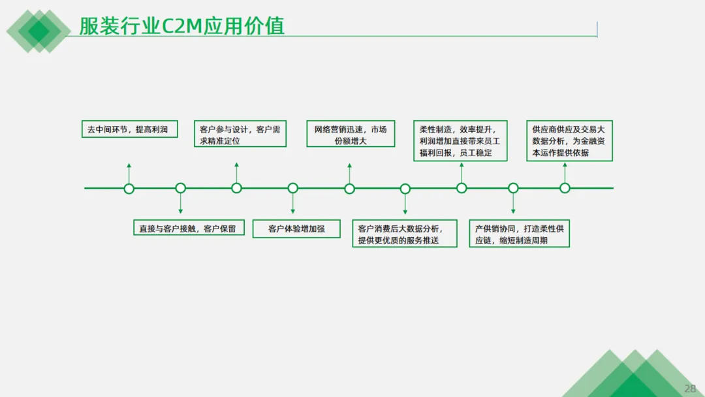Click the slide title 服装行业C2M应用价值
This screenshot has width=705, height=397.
(x=181, y=26)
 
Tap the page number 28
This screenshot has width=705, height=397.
(x=690, y=388)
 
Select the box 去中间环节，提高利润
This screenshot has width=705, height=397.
(x=128, y=129)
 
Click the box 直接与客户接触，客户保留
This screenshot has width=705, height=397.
(x=189, y=229)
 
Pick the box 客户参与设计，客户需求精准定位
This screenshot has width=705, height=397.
(x=240, y=135)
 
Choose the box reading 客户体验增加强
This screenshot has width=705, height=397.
(x=296, y=229)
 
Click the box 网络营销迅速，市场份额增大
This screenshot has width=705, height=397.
(x=351, y=135)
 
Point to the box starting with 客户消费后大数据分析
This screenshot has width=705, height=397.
(x=405, y=234)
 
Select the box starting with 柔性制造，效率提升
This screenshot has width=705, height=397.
(x=460, y=141)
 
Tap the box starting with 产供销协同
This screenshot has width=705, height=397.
(x=520, y=234)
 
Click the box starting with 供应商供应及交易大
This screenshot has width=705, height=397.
(x=569, y=141)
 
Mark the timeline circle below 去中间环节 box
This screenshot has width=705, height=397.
(x=129, y=189)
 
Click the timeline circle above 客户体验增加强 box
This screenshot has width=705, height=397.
(x=293, y=189)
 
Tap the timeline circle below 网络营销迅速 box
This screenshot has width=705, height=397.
(x=350, y=189)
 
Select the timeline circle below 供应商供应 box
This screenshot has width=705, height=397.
(x=565, y=189)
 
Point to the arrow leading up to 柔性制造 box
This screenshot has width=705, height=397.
(x=462, y=172)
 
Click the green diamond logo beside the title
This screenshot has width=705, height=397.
(x=39, y=30)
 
